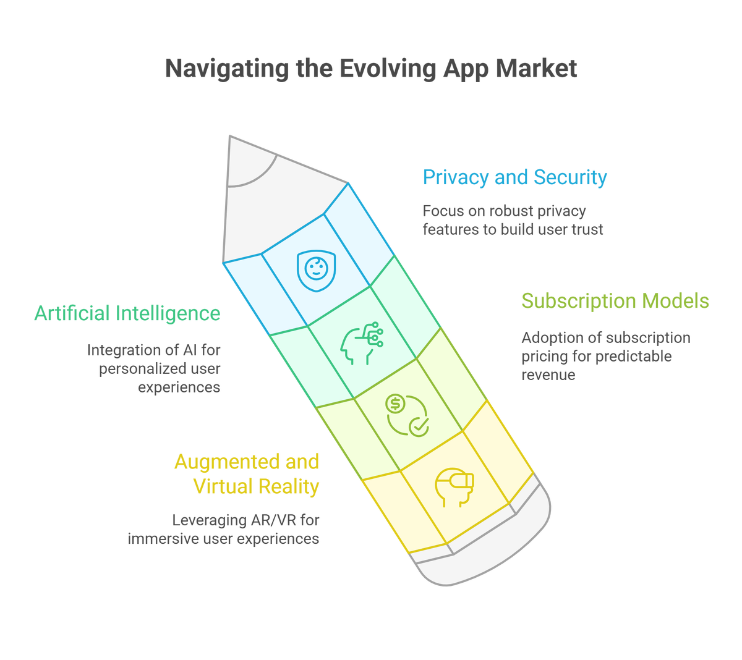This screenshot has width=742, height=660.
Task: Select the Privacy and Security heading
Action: pos(514,178)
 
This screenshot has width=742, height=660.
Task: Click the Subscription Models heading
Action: pos(615,301)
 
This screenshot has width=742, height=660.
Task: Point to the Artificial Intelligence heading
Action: pos(127,313)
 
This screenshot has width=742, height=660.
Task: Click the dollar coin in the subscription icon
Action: pos(395,404)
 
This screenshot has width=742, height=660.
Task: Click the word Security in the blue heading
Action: pos(570,178)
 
